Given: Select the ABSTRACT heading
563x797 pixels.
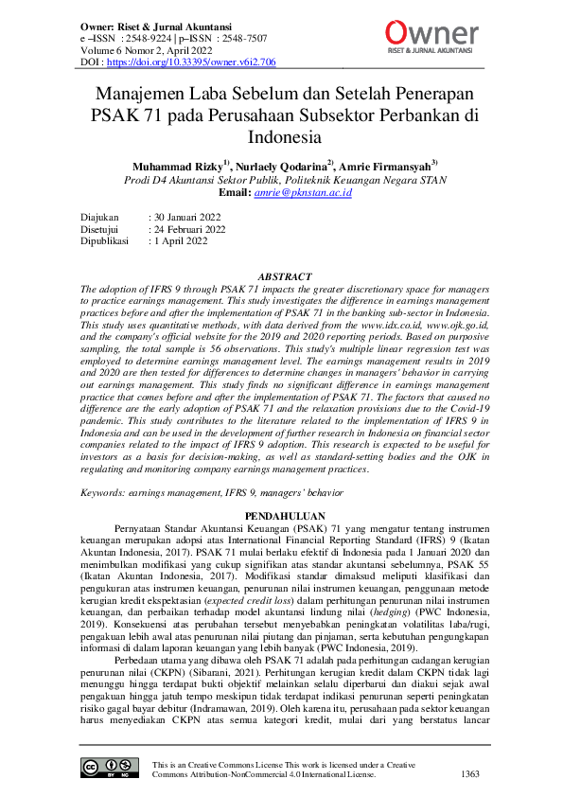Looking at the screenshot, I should [285, 276].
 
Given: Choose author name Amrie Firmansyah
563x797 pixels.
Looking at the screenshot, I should [387, 166].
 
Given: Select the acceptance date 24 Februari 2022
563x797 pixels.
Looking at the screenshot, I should [192, 228].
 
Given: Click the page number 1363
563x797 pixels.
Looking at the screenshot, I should [470, 773].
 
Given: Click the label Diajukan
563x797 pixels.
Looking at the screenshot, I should [102, 216].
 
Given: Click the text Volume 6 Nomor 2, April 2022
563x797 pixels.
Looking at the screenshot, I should [145, 50].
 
